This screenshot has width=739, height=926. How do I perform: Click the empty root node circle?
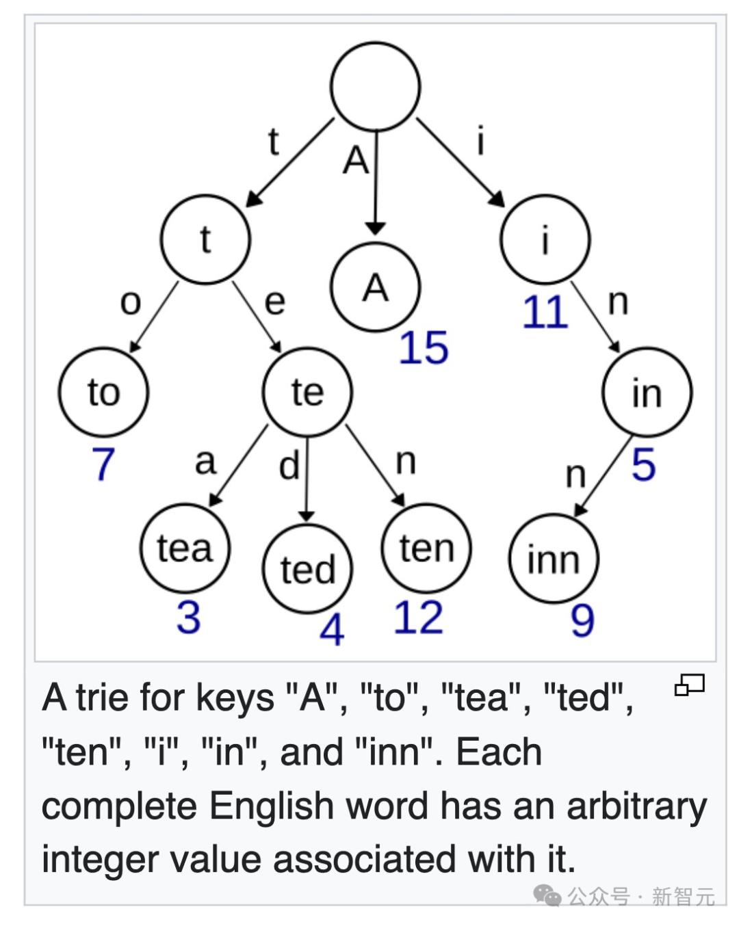(375, 87)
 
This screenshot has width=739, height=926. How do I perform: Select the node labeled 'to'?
(103, 393)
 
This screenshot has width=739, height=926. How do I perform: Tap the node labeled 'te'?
(307, 392)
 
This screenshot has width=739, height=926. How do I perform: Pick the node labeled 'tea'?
(185, 548)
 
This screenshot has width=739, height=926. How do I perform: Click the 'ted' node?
(307, 569)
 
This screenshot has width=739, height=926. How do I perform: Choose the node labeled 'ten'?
(426, 548)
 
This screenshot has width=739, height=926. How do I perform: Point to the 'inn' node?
(554, 559)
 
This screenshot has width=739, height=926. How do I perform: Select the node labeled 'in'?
(647, 393)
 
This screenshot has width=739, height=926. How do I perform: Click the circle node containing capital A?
(375, 287)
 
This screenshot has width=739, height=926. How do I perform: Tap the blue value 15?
(424, 347)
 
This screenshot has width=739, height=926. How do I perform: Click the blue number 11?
(545, 313)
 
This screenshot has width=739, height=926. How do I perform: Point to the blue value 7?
(103, 464)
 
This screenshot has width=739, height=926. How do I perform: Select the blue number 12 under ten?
(418, 618)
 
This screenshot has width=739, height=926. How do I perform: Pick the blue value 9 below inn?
(582, 621)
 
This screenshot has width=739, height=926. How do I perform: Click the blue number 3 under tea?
(188, 617)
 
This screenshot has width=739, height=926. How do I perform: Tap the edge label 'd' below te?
(289, 466)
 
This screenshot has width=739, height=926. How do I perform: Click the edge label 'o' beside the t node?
(130, 302)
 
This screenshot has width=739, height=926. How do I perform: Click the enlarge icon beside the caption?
(689, 685)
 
